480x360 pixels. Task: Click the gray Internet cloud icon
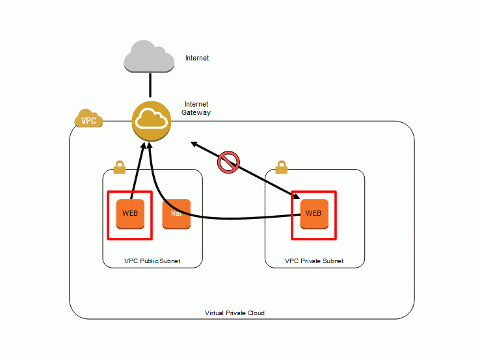coord(149,57)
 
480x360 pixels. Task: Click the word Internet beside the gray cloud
coord(197,58)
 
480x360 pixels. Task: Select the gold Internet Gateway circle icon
coord(152,121)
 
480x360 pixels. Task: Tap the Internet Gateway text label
coord(196,109)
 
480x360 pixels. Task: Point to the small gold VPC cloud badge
coord(88,118)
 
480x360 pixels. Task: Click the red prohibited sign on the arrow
coord(228,162)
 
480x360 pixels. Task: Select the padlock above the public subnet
coord(120,167)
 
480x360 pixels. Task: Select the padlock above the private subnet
coord(281,167)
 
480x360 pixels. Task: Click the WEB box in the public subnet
coord(130,214)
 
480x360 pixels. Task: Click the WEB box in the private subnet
coord(314,214)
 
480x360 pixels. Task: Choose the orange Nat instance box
coord(176,214)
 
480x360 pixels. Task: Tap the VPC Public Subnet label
coord(152,261)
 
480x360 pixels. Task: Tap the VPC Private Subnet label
coord(314,261)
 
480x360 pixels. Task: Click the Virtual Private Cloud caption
coord(235,313)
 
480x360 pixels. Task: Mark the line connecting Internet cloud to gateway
coord(150,85)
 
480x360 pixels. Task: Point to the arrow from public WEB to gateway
coord(137,170)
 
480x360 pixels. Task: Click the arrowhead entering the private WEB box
coord(295,196)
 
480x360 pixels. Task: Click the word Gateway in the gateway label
coord(196,112)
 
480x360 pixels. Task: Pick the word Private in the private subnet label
coord(310,261)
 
